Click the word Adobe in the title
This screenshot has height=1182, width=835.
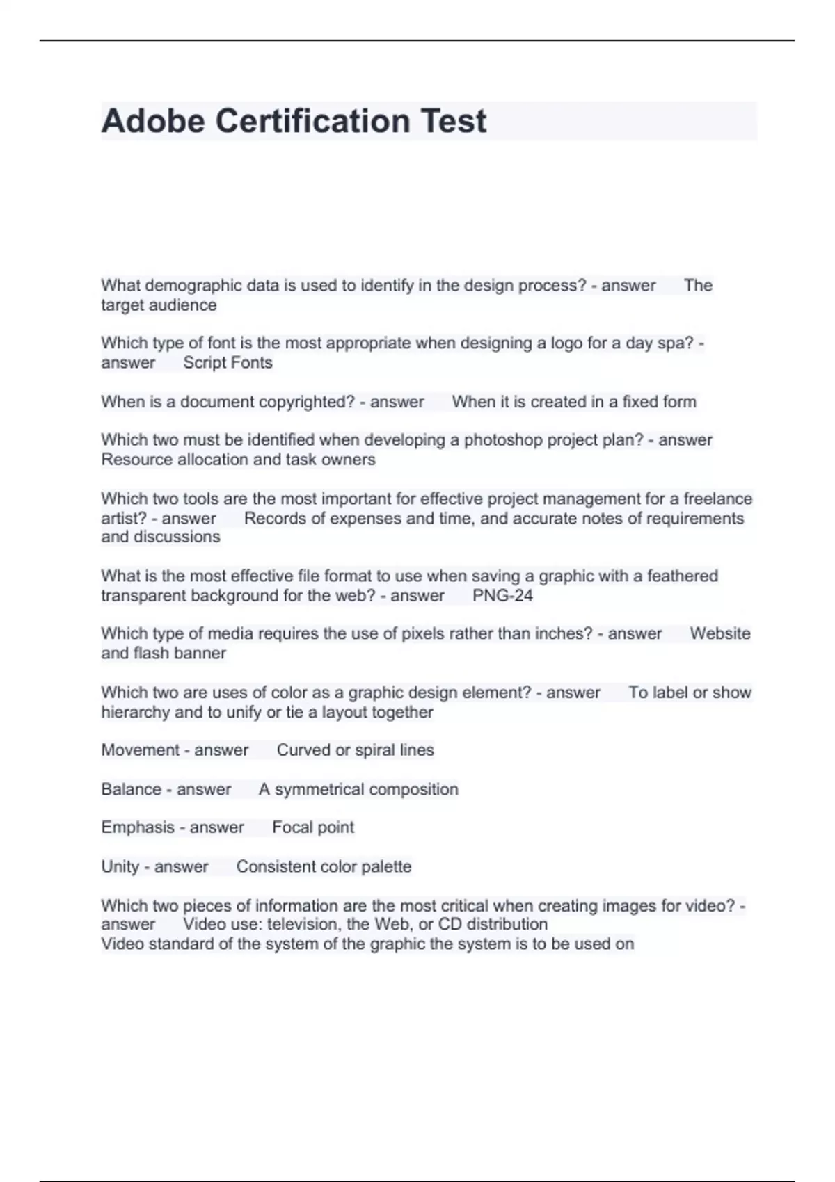tap(153, 121)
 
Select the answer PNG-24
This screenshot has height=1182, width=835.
tap(502, 596)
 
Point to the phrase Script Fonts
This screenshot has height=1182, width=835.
tap(228, 363)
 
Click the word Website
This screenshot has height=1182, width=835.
tap(719, 634)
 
